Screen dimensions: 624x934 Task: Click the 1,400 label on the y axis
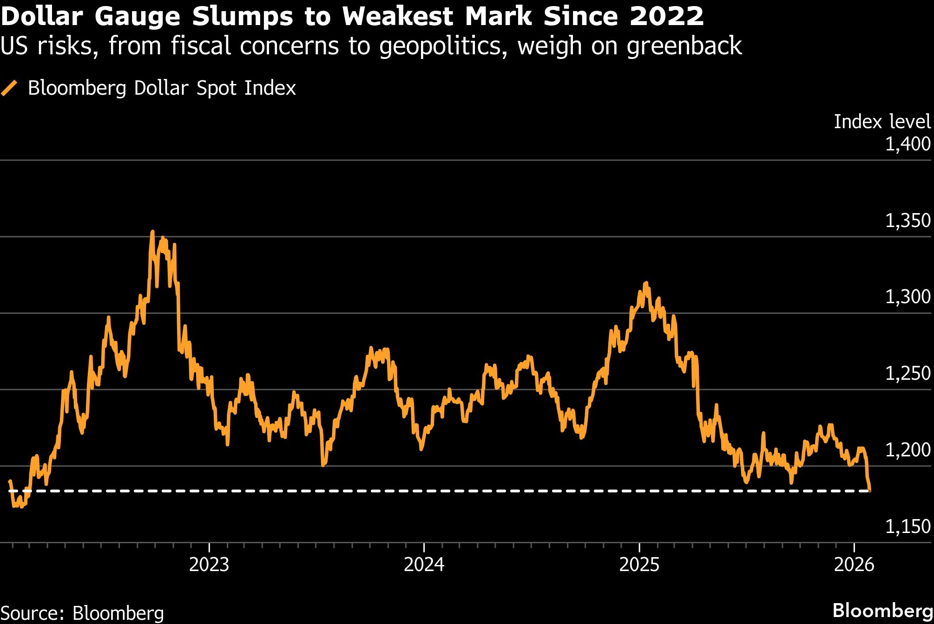coord(908,144)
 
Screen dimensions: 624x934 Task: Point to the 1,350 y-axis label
coord(908,221)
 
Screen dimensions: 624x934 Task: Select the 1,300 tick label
coord(908,297)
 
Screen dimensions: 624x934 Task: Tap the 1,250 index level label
coord(908,373)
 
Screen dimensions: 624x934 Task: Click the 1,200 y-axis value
coord(908,449)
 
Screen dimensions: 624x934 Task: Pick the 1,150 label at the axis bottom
coord(908,526)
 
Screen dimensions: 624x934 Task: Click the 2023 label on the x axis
coord(209,565)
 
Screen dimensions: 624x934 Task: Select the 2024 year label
coord(424,565)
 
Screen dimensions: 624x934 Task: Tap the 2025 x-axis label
coord(639,565)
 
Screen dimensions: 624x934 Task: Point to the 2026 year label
coord(854,565)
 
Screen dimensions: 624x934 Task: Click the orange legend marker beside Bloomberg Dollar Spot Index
coord(9,88)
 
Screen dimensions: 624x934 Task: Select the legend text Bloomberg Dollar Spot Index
coord(162,88)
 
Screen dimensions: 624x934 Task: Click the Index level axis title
coord(882,122)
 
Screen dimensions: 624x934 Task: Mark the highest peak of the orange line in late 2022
coord(152,232)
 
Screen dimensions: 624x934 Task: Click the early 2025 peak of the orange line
coord(646,283)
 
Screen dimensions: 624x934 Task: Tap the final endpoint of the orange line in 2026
coord(869,490)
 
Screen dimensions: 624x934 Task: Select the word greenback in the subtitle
coord(684,46)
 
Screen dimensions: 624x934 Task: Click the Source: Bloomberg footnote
coord(82,613)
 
